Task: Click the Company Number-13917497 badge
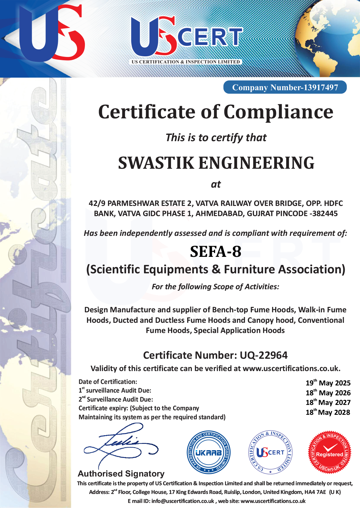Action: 285,87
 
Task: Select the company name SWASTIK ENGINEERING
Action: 216,163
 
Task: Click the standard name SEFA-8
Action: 216,251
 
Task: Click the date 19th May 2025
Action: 328,383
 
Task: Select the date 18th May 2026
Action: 328,393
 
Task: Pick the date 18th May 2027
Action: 328,403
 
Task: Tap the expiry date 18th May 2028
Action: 328,412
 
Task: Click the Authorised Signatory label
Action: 121,474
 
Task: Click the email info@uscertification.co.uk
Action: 183,501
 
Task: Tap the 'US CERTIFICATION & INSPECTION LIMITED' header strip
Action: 186,62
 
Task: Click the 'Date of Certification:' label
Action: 108,382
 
